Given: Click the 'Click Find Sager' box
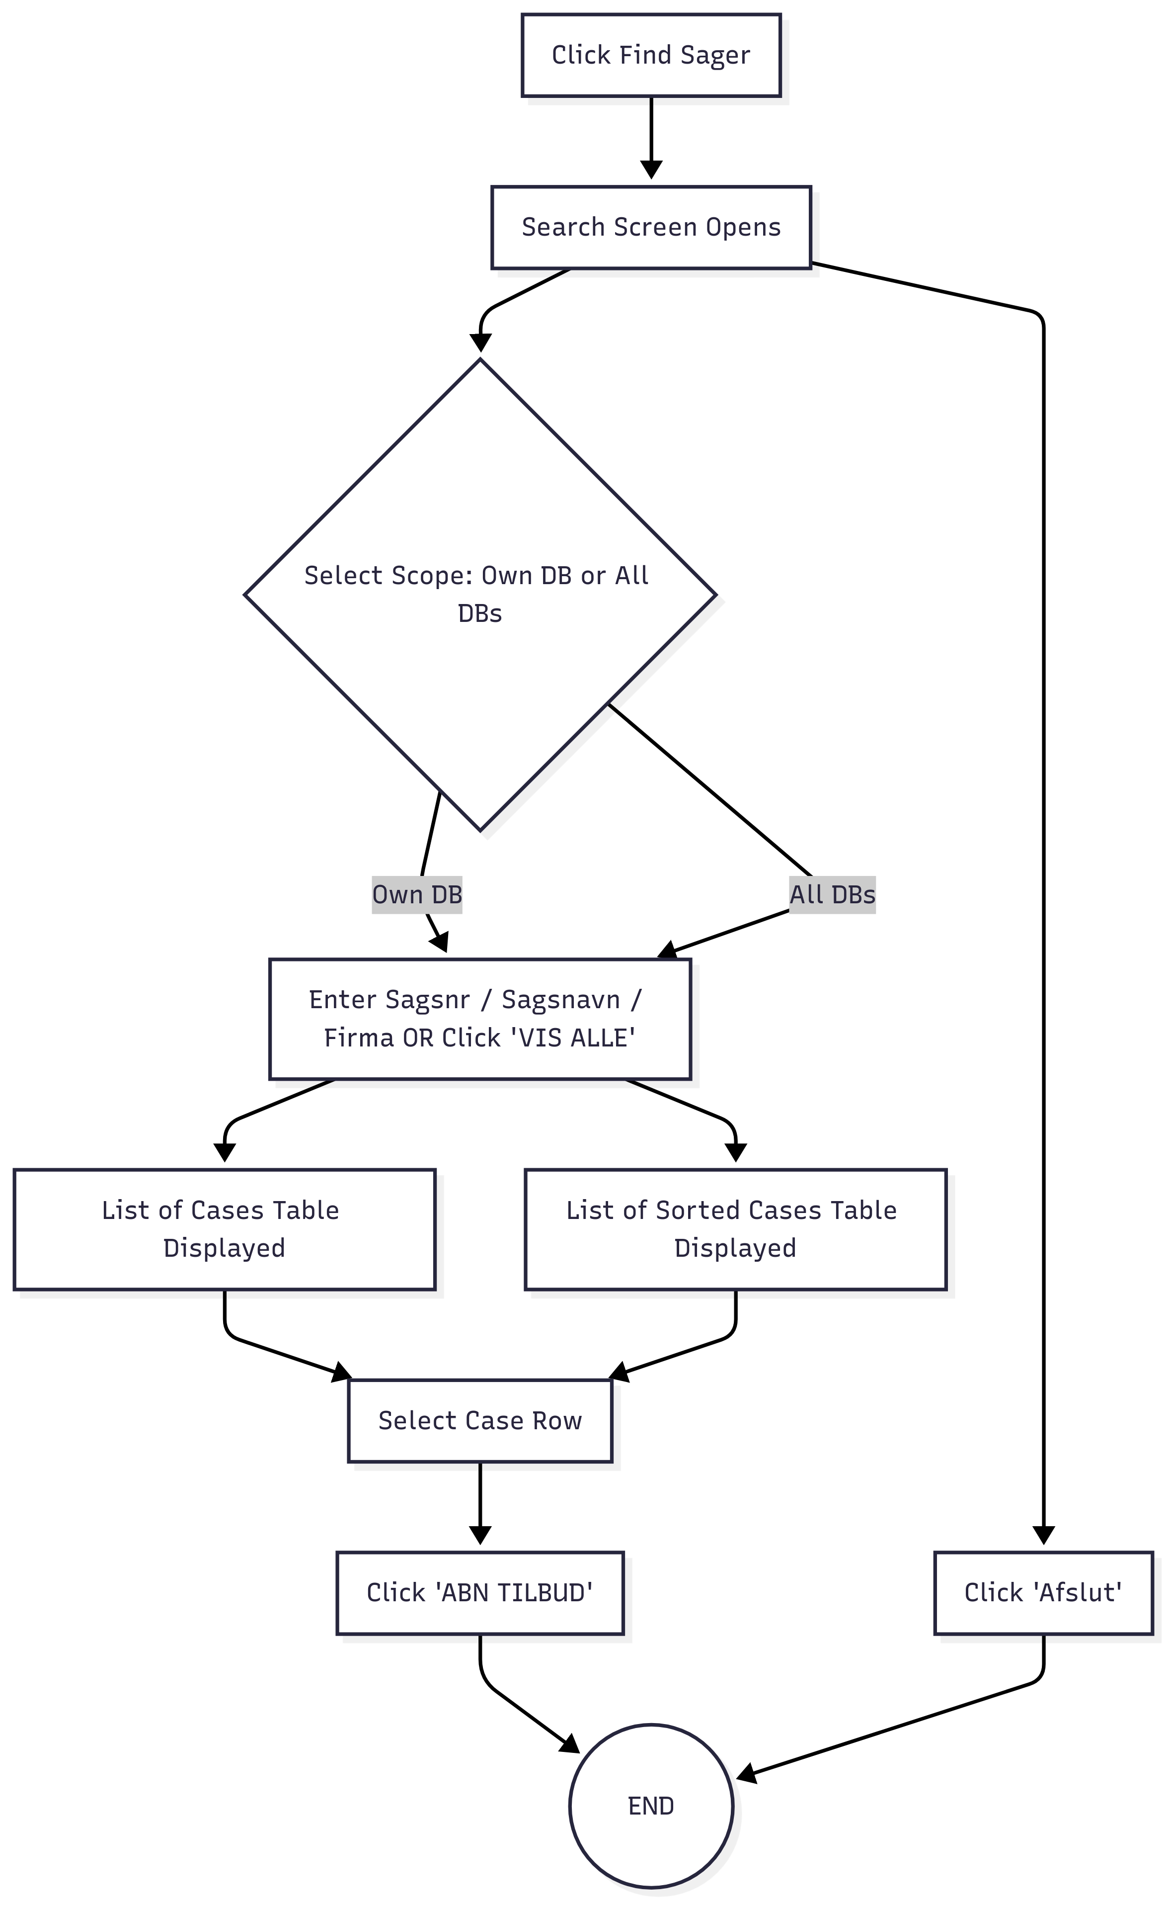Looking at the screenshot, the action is click(651, 55).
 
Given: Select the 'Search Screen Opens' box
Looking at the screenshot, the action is click(651, 227).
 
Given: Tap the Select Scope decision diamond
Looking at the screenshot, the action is click(480, 594).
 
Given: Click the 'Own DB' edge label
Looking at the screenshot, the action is click(417, 895).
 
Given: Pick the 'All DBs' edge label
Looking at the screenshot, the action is click(833, 895).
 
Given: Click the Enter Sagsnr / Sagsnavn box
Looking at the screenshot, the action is click(480, 1019).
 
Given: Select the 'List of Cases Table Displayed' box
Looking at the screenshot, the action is click(225, 1229).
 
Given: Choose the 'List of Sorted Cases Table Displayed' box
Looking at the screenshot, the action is click(736, 1229).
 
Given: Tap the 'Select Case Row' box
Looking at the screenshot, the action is click(480, 1421).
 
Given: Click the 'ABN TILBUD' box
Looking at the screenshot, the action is click(480, 1593).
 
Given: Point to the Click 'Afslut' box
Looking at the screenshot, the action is click(1044, 1593).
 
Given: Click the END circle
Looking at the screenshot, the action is click(651, 1806).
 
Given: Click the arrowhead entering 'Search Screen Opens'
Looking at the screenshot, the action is click(651, 170).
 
